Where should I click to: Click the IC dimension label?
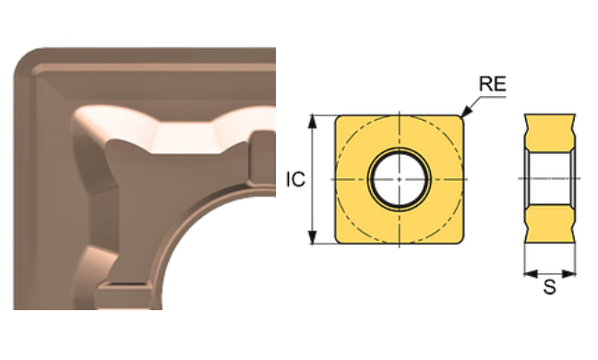tap(295, 180)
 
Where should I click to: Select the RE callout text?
tap(491, 85)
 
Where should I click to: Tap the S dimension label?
tap(549, 288)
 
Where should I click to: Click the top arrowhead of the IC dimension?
tap(316, 118)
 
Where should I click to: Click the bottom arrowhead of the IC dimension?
tap(316, 242)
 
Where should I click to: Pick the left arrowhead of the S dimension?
tap(527, 272)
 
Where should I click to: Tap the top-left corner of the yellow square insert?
tap(339, 119)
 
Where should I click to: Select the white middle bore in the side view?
tap(550, 177)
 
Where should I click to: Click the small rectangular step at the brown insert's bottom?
tap(120, 294)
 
